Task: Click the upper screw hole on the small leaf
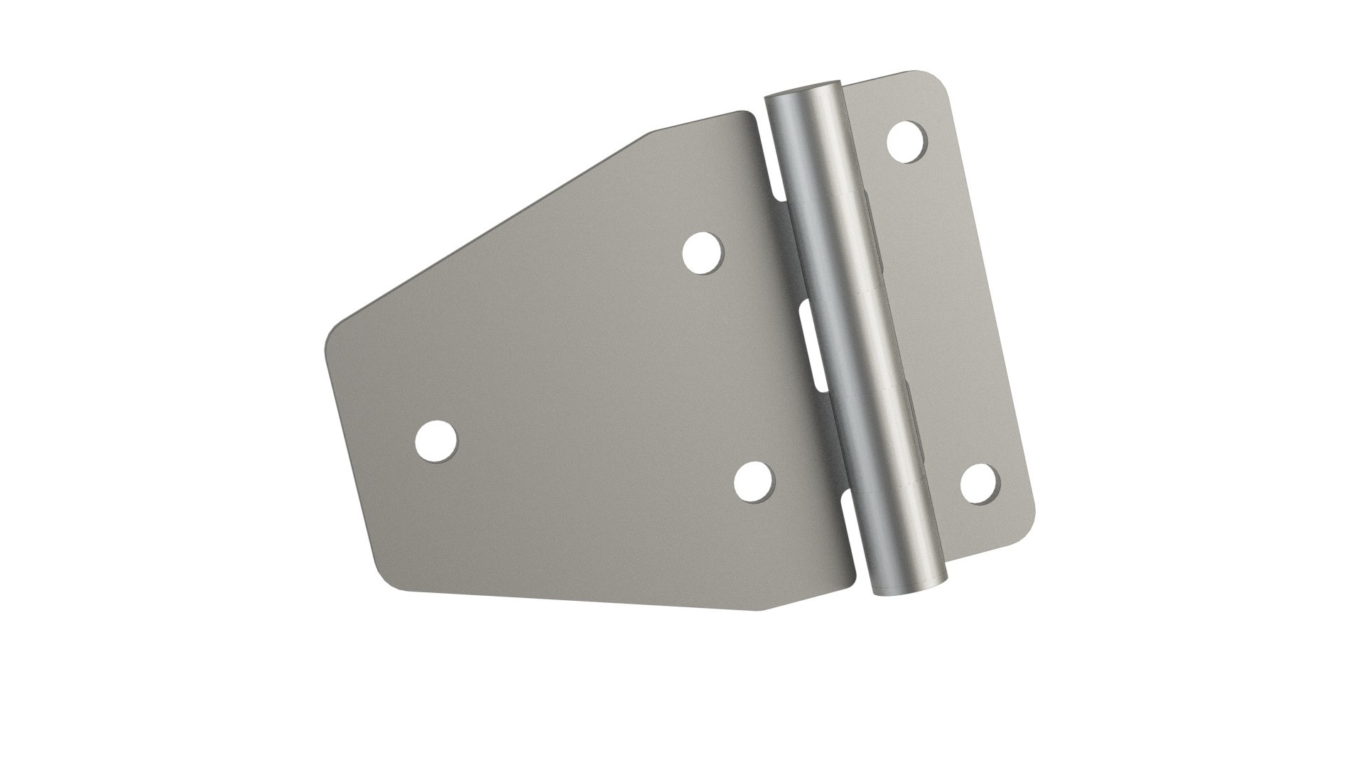[x=908, y=142]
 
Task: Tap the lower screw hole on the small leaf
[x=980, y=483]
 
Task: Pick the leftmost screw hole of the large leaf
[x=436, y=440]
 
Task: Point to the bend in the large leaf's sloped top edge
[x=646, y=134]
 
